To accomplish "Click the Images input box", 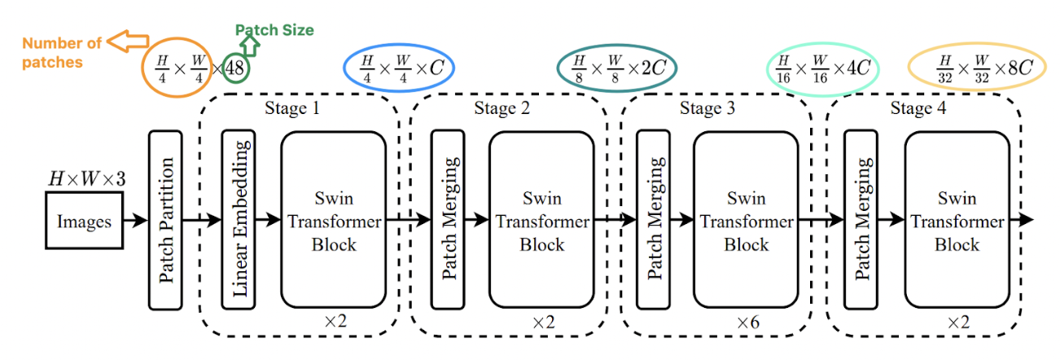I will point(83,220).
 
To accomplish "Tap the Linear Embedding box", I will point(239,220).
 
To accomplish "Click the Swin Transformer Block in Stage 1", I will point(334,220).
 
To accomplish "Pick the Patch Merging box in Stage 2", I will point(447,220).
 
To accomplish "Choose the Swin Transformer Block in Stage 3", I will point(747,220).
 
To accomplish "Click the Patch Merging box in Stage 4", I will point(861,220).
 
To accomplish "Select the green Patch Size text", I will point(274,30).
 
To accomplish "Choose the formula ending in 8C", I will point(975,68).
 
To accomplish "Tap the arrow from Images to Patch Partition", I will point(135,220).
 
